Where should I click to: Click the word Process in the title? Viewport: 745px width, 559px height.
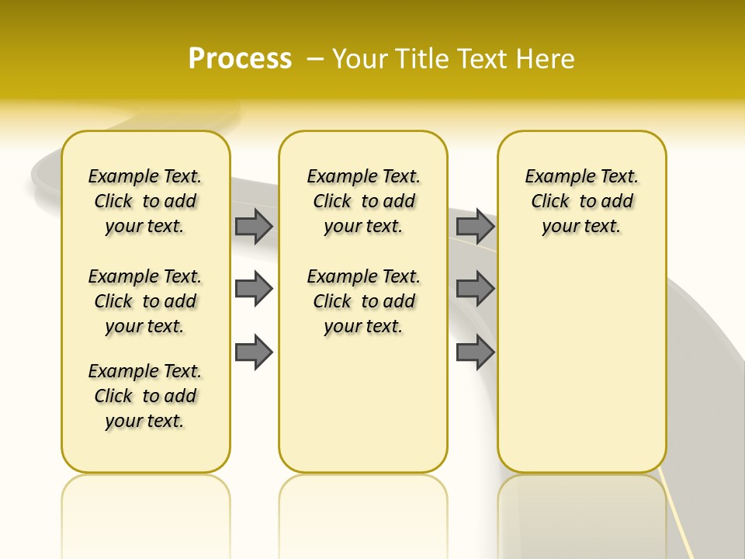pyautogui.click(x=240, y=58)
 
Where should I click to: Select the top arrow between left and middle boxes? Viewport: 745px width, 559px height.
pyautogui.click(x=254, y=226)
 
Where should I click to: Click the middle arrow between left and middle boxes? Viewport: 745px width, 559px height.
pyautogui.click(x=254, y=289)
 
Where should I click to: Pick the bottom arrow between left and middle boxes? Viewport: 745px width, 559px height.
pyautogui.click(x=254, y=352)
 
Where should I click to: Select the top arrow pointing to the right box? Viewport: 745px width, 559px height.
pyautogui.click(x=475, y=226)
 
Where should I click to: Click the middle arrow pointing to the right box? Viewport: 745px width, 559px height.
pyautogui.click(x=475, y=289)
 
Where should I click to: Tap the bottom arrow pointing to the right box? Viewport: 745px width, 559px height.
pyautogui.click(x=475, y=352)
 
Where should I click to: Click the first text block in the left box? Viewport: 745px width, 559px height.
pyautogui.click(x=145, y=201)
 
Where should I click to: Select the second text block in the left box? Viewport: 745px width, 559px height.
pyautogui.click(x=145, y=301)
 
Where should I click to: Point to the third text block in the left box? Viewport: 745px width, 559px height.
pyautogui.click(x=145, y=396)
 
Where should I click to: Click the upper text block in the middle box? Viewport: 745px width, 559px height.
pyautogui.click(x=363, y=201)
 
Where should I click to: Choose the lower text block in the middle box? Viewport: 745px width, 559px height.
pyautogui.click(x=363, y=301)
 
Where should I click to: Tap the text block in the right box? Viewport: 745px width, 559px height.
pyautogui.click(x=581, y=201)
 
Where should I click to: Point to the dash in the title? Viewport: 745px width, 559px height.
pyautogui.click(x=315, y=58)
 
